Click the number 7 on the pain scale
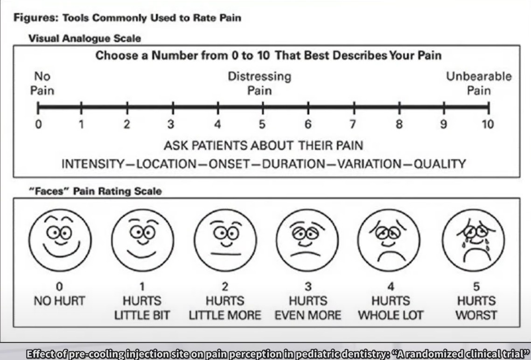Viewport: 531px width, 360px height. [353, 125]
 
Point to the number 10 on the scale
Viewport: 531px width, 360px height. [488, 125]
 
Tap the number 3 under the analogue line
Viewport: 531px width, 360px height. [171, 125]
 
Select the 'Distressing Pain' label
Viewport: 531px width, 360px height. [259, 83]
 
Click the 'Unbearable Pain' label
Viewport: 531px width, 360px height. [479, 83]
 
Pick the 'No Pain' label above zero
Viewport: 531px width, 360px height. [42, 83]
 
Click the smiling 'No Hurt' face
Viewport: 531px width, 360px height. [60, 240]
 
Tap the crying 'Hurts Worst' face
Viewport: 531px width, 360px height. [473, 240]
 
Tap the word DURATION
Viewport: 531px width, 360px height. [293, 164]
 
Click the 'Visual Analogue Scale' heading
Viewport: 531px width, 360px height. [84, 38]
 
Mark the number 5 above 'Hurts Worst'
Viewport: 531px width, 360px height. [476, 287]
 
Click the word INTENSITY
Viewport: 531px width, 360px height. [93, 164]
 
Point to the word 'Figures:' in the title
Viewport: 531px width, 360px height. [36, 18]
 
